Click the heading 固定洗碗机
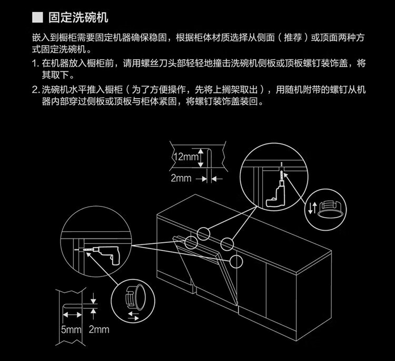point(78,17)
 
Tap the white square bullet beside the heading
point(37,17)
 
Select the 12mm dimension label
point(186,157)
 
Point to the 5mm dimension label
point(71,329)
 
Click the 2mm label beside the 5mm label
point(99,329)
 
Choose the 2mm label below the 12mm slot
point(181,178)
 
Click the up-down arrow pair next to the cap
point(312,208)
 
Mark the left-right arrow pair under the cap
point(133,316)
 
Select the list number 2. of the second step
point(35,90)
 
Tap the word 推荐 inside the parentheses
point(293,38)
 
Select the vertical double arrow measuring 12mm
point(201,158)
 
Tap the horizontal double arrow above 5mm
point(72,315)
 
